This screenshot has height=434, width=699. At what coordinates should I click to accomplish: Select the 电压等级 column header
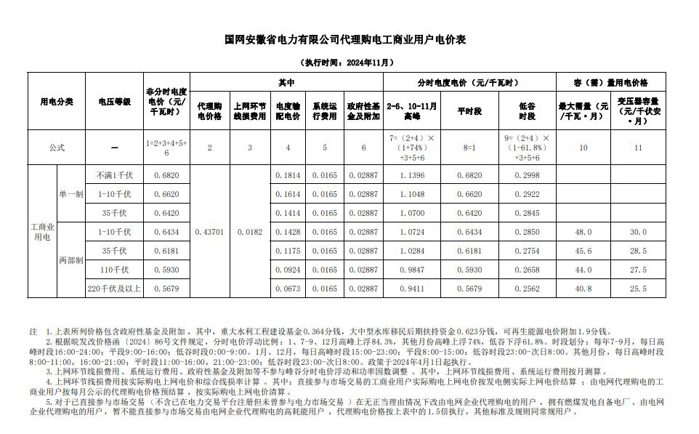pyautogui.click(x=114, y=102)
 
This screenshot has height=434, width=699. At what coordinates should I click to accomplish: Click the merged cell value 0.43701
pyautogui.click(x=209, y=232)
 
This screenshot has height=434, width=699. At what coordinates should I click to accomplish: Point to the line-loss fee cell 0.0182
pyautogui.click(x=249, y=232)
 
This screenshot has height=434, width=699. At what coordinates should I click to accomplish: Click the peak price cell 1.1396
pyautogui.click(x=412, y=176)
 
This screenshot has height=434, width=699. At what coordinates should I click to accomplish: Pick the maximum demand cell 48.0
pyautogui.click(x=583, y=232)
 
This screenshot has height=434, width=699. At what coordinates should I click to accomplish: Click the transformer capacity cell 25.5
pyautogui.click(x=638, y=289)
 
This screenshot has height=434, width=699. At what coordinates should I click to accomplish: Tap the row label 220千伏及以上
pyautogui.click(x=114, y=289)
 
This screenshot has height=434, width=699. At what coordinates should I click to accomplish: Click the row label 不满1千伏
pyautogui.click(x=114, y=176)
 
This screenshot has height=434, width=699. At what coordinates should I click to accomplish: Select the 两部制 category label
pyautogui.click(x=71, y=260)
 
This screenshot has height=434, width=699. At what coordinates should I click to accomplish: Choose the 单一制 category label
pyautogui.click(x=71, y=195)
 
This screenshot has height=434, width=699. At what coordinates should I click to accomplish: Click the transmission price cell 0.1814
pyautogui.click(x=288, y=176)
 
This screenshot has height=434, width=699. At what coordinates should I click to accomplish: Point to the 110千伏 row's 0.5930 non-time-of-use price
pyautogui.click(x=166, y=270)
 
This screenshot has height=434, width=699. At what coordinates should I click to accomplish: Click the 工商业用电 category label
pyautogui.click(x=42, y=232)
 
